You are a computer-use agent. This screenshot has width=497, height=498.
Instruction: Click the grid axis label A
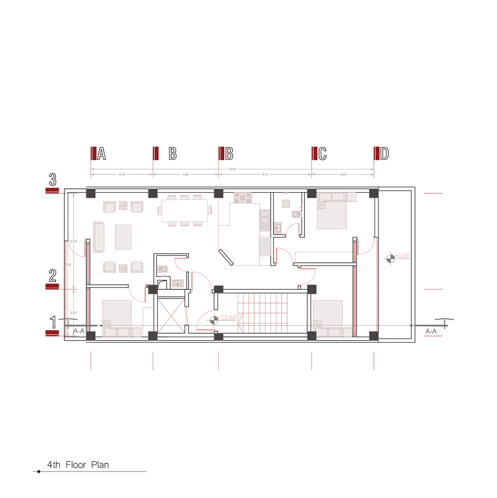101,154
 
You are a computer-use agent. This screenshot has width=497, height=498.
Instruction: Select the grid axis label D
384,154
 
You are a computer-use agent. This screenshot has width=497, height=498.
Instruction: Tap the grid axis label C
322,154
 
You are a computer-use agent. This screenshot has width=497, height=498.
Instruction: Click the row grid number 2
52,275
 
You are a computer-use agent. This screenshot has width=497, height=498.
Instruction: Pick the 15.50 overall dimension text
232,169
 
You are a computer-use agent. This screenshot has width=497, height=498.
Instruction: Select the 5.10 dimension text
265,175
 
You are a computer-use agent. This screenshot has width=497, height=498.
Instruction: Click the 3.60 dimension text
186,175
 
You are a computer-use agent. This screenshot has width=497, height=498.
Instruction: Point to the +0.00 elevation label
402,256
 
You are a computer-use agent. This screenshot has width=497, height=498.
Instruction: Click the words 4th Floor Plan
78,465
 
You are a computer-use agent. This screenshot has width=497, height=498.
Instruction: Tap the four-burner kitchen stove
244,198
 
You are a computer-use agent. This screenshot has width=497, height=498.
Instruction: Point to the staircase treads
263,313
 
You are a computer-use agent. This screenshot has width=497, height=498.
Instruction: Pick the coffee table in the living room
123,237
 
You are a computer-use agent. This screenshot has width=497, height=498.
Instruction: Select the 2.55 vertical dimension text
73,313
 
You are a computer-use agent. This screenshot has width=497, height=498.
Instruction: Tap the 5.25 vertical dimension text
73,241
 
